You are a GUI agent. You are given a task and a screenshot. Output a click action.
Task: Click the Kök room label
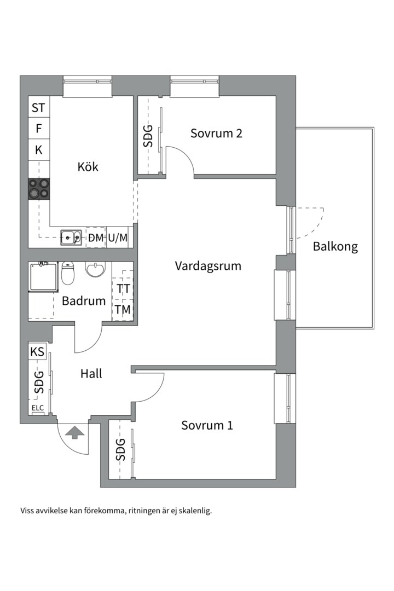click(88, 166)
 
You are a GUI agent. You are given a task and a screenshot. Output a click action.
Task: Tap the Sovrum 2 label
click(216, 133)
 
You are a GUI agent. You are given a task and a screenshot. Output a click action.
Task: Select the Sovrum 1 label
click(207, 425)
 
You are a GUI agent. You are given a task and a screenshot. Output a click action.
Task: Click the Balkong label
click(335, 246)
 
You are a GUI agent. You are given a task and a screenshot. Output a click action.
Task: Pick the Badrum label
click(83, 300)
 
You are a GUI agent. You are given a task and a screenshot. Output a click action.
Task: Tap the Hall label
click(91, 374)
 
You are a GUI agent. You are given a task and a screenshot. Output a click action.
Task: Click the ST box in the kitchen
click(38, 108)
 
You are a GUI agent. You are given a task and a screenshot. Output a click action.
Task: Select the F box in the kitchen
click(38, 129)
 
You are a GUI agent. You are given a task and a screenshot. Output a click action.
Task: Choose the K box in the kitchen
click(38, 150)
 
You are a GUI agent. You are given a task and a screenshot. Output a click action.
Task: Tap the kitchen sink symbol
click(71, 237)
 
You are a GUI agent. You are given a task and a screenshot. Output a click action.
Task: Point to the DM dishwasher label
click(96, 237)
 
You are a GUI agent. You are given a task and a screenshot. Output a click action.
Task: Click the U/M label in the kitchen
click(118, 237)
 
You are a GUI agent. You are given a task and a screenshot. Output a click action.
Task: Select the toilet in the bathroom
click(68, 274)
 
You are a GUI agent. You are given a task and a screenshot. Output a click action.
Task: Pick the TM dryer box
click(123, 310)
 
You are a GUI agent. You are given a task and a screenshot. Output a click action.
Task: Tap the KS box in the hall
click(37, 352)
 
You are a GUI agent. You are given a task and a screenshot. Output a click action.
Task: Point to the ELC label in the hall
click(38, 408)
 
